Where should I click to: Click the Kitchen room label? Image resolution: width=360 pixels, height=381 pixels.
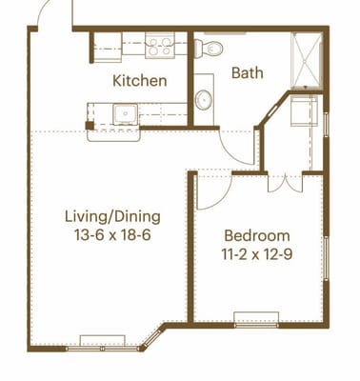[x=140, y=81]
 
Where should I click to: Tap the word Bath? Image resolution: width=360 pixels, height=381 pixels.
[x=248, y=72]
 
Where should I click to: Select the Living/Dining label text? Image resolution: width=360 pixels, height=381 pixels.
[x=112, y=217]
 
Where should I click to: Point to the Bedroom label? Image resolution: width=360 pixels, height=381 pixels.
[x=257, y=236]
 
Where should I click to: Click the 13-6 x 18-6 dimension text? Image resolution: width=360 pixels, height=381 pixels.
[x=112, y=235]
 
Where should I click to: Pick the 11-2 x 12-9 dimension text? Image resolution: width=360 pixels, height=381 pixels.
[x=257, y=254]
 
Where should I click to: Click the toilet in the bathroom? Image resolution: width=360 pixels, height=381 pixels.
[x=209, y=49]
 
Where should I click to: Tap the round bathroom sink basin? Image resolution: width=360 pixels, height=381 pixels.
[x=204, y=100]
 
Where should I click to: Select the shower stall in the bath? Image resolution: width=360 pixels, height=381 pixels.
[x=307, y=60]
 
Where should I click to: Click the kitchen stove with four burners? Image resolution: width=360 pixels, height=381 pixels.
[x=160, y=46]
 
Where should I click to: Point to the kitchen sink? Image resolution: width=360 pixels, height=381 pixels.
[x=126, y=114]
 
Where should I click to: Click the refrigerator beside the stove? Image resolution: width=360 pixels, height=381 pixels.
[x=108, y=47]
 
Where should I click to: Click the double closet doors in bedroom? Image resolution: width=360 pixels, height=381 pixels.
[x=285, y=184]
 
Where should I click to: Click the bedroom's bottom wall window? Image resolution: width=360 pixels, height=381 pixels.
[x=256, y=325]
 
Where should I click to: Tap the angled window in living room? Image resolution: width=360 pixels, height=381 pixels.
[x=152, y=339]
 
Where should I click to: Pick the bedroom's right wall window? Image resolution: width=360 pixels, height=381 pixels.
[x=326, y=259]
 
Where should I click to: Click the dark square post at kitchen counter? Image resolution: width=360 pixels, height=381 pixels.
[x=90, y=126]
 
